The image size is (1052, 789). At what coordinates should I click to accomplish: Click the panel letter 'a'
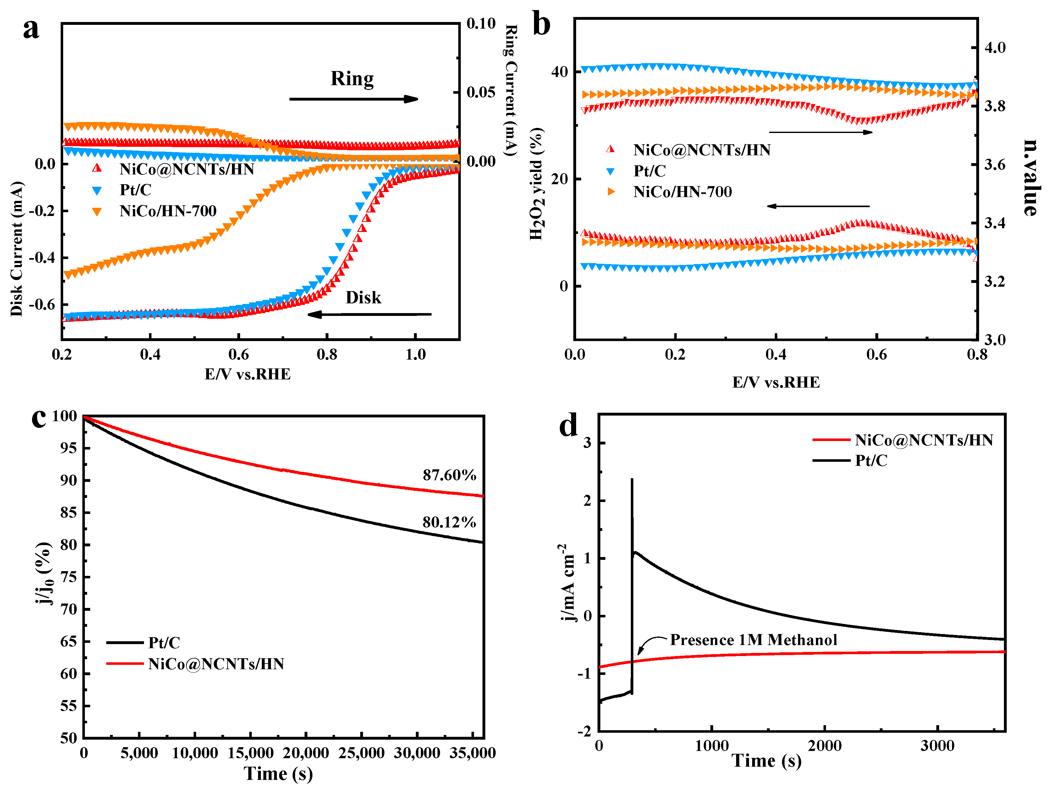pos(31,30)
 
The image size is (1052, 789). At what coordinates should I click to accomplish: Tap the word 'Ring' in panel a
pos(352,79)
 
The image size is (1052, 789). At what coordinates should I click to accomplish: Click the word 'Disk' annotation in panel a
pos(363,298)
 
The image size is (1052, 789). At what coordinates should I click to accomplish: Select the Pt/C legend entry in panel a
pos(135,190)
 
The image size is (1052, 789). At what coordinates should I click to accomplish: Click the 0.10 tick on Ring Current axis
pos(481,23)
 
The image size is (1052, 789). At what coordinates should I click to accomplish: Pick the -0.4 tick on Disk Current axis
pos(42,257)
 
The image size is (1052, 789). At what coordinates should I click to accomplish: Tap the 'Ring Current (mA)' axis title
pos(511,90)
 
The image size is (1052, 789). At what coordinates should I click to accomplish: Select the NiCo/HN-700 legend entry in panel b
pos(682,192)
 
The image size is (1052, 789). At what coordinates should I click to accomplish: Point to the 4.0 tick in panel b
pos(995,47)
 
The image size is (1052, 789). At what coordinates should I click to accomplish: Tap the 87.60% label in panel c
pos(449,475)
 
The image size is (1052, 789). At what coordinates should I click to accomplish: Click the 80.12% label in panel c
pos(449,522)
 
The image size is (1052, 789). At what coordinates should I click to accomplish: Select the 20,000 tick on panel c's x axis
pos(306,753)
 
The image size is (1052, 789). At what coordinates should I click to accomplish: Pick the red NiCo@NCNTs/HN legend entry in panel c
pos(215,664)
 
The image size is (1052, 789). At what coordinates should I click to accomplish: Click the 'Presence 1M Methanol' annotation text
pos(753,640)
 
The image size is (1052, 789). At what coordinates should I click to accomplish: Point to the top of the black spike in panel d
pos(632,479)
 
